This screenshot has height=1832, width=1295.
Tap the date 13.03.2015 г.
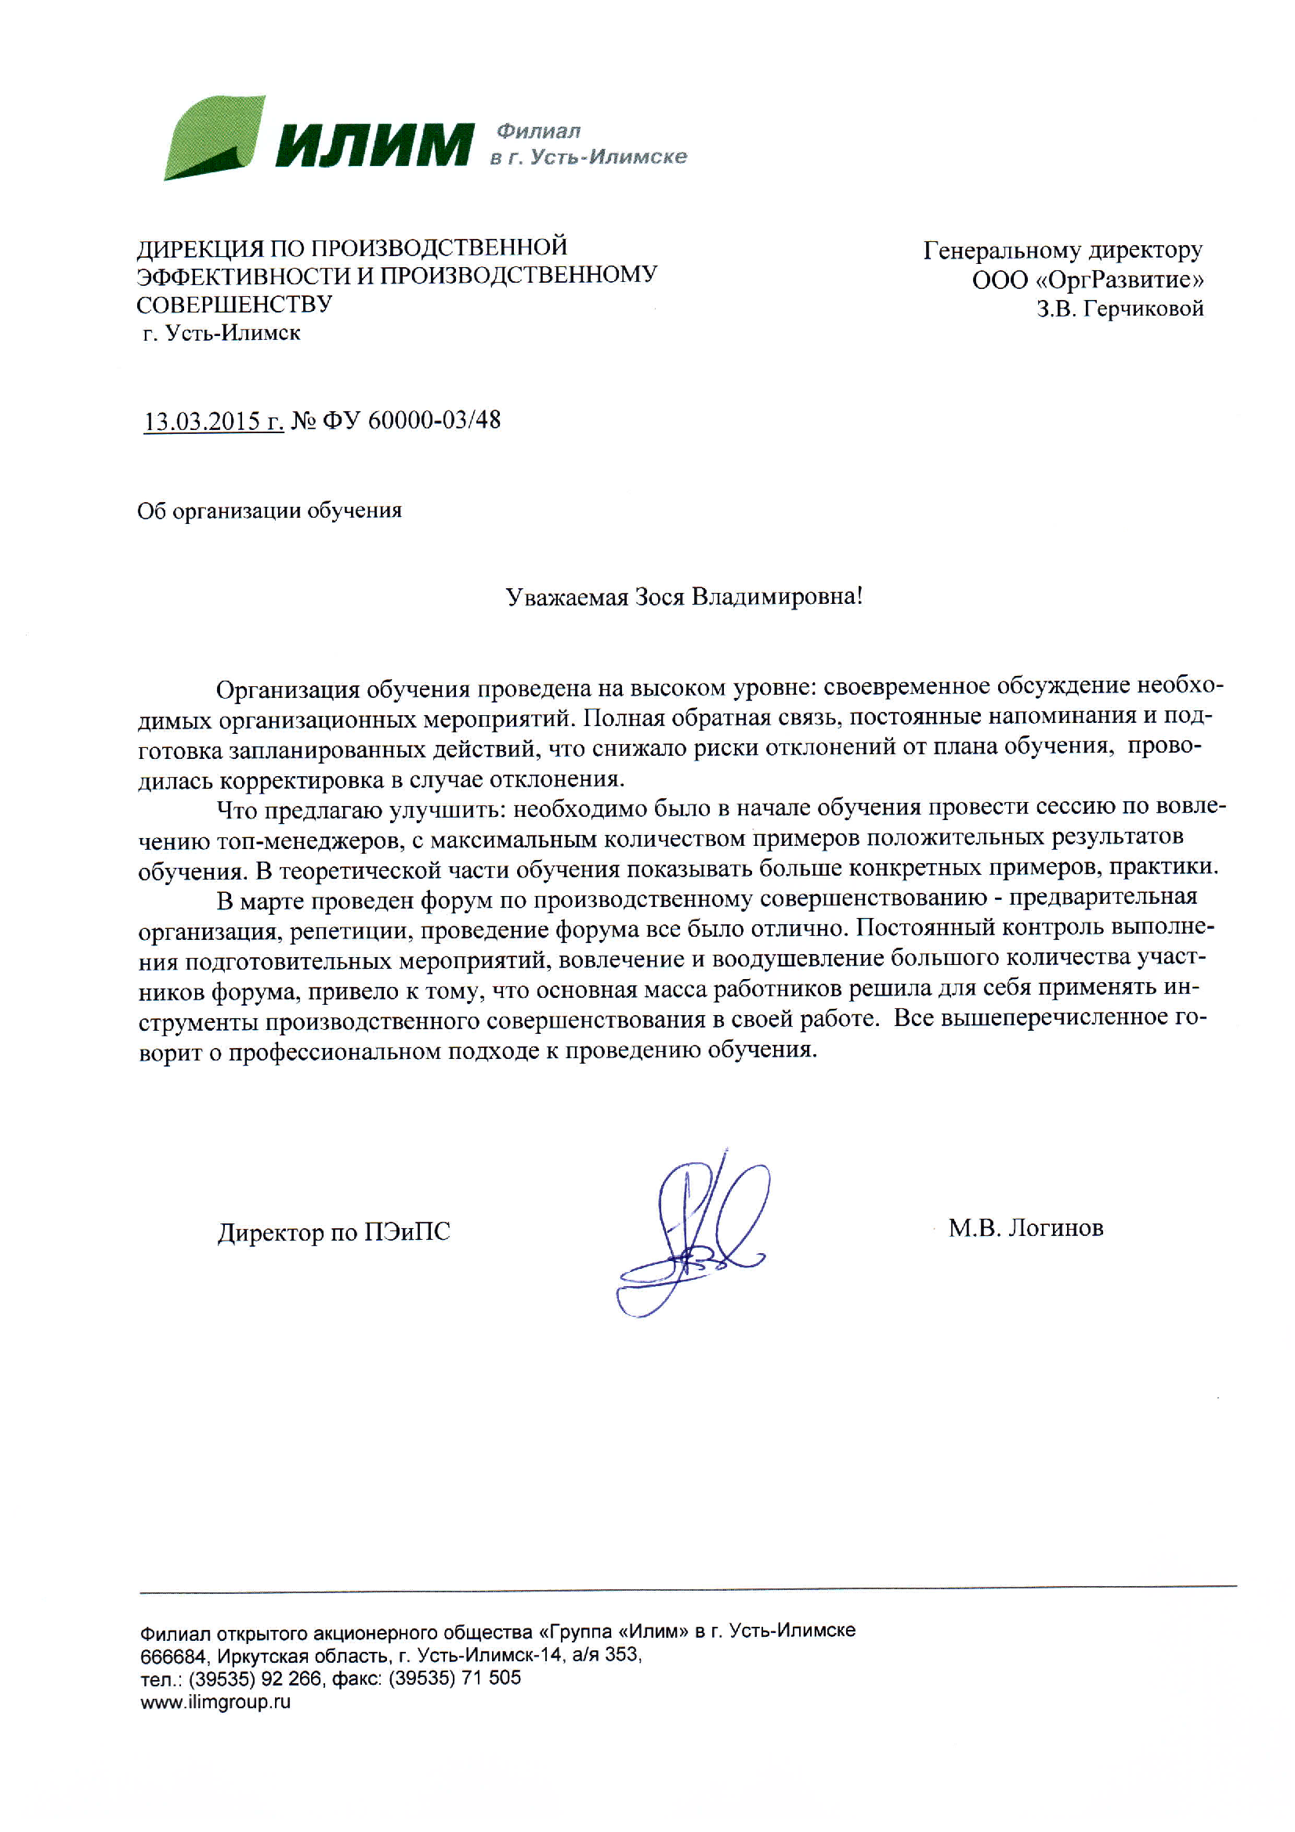213,421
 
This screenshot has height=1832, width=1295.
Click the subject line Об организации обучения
269,511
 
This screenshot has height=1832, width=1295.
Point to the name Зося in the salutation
659,597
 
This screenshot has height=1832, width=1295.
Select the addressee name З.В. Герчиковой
1120,309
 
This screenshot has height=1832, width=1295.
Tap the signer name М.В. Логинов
1026,1228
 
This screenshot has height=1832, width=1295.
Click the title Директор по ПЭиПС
334,1232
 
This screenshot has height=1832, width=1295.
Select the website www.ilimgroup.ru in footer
215,1702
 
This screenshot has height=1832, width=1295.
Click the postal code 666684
172,1656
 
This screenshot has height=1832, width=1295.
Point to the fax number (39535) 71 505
454,1678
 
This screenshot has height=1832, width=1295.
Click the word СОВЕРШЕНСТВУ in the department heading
233,305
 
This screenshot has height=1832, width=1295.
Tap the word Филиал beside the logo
537,131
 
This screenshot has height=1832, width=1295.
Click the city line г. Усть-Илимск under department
222,334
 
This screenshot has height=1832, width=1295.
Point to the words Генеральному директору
1062,251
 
